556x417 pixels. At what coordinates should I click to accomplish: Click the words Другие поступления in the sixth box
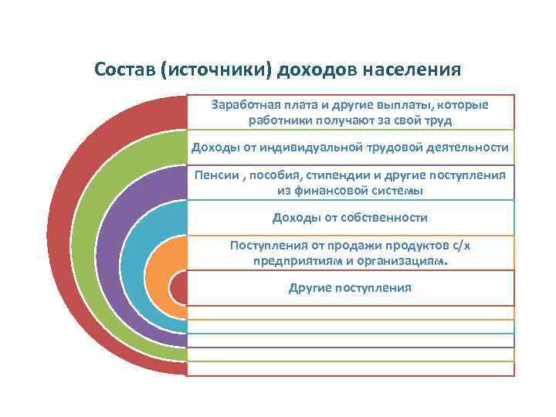(350, 287)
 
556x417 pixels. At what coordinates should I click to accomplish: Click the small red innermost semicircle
(178, 290)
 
